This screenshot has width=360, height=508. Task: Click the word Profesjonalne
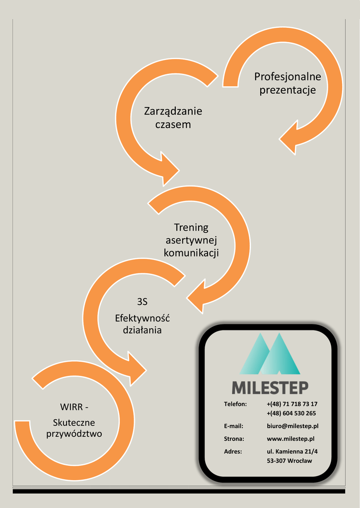[288, 77]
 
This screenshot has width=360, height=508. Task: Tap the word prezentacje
[288, 90]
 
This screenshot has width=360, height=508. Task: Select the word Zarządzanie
[173, 111]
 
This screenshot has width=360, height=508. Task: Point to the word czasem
[173, 125]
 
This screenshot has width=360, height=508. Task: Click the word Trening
[191, 227]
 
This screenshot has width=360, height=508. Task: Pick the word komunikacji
[191, 253]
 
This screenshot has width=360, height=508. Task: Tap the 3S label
[143, 302]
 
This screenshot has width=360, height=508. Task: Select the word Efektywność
[143, 317]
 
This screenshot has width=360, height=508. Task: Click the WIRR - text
[74, 407]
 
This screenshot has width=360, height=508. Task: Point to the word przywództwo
[74, 434]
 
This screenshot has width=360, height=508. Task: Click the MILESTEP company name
[270, 387]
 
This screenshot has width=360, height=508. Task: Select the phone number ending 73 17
[292, 404]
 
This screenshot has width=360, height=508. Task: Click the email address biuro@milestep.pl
[292, 426]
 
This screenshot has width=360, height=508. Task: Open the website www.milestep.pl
[290, 439]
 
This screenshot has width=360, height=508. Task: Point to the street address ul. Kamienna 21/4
[292, 451]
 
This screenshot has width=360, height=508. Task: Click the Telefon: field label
[235, 404]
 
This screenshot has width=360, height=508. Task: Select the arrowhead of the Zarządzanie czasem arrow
[168, 169]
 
